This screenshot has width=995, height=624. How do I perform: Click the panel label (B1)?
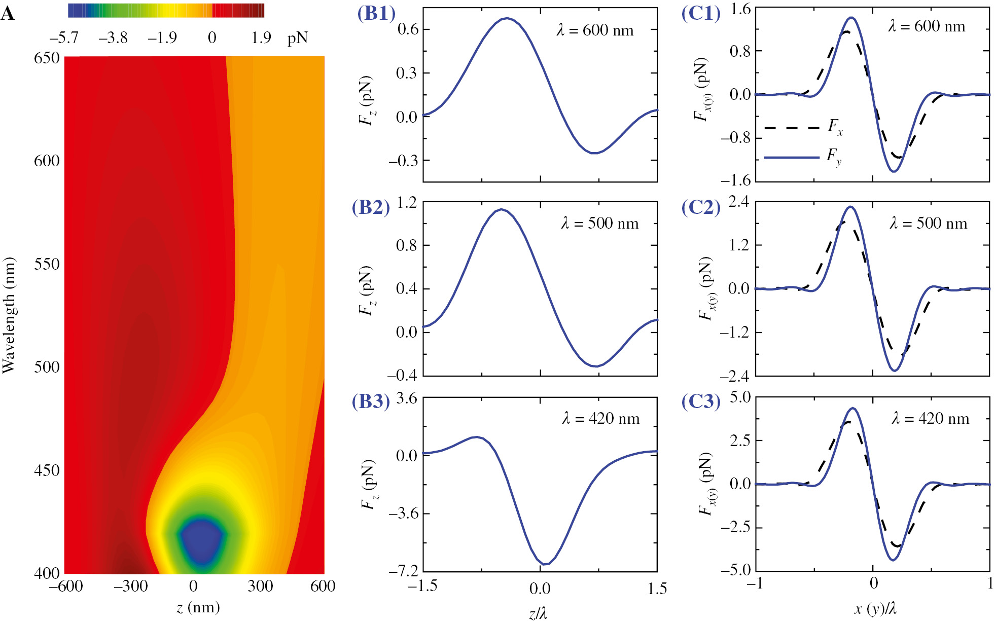click(x=376, y=14)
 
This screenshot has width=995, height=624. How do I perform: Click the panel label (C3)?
click(x=700, y=401)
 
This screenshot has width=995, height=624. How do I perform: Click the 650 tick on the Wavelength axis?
click(x=47, y=58)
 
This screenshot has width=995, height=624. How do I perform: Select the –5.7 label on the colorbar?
click(x=64, y=38)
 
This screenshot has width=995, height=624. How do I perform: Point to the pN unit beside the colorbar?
click(x=298, y=39)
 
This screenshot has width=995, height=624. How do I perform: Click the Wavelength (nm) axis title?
click(x=9, y=315)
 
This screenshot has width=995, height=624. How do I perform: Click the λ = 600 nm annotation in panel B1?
click(x=595, y=30)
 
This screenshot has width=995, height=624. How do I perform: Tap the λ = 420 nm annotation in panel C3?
click(x=930, y=419)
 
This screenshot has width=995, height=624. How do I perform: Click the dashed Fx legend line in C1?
click(x=791, y=128)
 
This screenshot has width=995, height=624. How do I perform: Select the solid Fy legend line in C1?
click(x=791, y=157)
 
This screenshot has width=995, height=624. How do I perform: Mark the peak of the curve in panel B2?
click(x=501, y=209)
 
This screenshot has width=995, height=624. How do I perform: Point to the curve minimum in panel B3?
click(x=544, y=564)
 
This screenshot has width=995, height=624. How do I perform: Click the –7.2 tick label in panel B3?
click(x=404, y=571)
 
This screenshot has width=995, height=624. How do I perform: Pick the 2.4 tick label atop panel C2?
click(x=738, y=202)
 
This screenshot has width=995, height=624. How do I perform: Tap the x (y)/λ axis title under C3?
click(x=875, y=609)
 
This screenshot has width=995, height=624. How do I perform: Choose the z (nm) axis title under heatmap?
click(x=198, y=607)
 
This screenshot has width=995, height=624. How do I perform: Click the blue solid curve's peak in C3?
click(x=853, y=409)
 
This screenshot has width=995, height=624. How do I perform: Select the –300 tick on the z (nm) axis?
click(x=130, y=586)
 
